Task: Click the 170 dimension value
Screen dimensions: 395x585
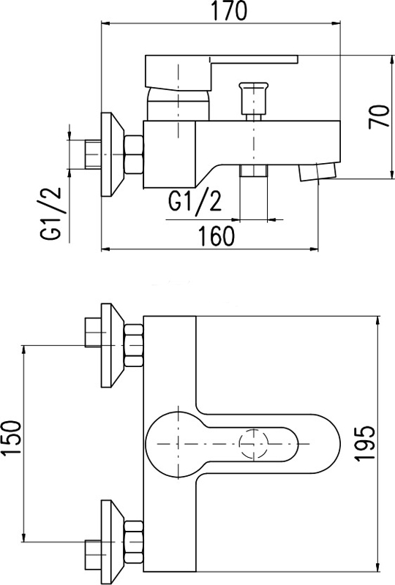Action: [x=229, y=10]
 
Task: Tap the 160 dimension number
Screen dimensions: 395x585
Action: [x=217, y=235]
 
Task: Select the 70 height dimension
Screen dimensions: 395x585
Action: [x=379, y=117]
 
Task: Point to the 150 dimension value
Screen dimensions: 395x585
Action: [x=10, y=437]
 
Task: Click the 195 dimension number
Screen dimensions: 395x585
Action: [x=364, y=443]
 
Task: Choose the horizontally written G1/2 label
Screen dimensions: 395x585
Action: [x=195, y=202]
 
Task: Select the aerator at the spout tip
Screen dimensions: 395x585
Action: [x=317, y=172]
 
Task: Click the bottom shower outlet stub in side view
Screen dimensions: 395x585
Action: [x=254, y=170]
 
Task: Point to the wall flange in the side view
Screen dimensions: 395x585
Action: [x=113, y=154]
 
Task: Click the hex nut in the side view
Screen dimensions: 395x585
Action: [x=134, y=154]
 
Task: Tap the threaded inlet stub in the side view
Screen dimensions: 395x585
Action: [x=93, y=154]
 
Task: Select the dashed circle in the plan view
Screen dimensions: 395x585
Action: [x=254, y=444]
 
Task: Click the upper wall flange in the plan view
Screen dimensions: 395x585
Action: [x=113, y=345]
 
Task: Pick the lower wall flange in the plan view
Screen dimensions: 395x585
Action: [x=113, y=542]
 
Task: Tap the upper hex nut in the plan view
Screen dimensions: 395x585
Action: [x=134, y=345]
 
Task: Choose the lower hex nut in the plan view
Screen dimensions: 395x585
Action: [x=134, y=542]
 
